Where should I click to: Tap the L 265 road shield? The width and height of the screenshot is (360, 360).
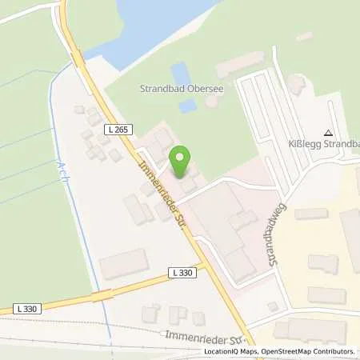coord(113,129)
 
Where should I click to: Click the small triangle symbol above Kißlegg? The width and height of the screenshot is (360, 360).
coord(327,133)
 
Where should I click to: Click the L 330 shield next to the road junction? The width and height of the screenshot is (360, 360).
coord(182,273)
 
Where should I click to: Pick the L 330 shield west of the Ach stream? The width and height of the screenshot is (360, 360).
coord(26,308)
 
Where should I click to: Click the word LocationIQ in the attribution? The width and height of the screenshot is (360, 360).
coord(223,351)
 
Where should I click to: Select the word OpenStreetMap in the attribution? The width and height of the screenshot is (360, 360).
coord(280,351)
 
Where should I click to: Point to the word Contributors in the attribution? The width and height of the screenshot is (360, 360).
coord(332,351)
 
